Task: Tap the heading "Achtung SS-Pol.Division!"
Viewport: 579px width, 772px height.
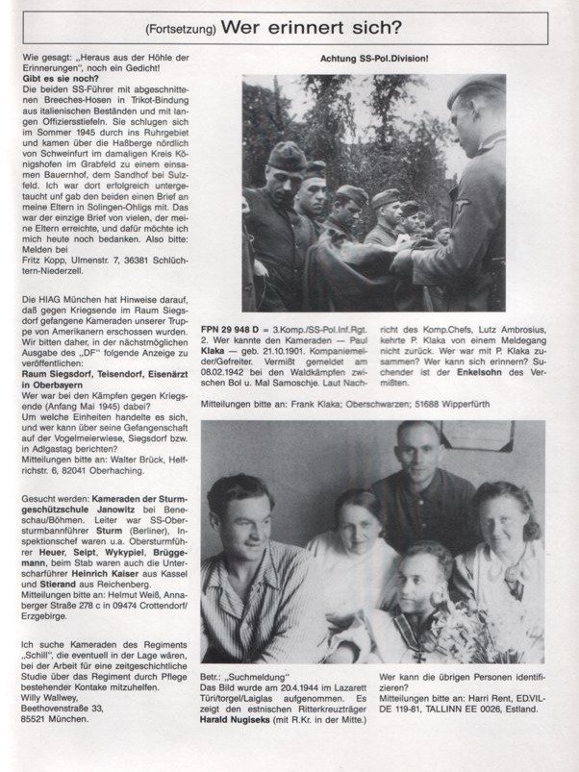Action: click(x=373, y=60)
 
